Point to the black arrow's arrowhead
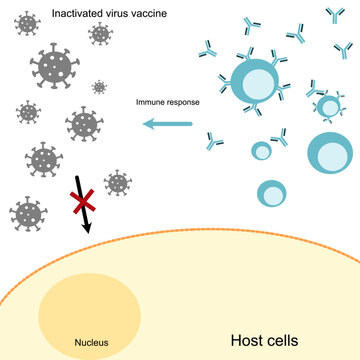pyautogui.click(x=87, y=228)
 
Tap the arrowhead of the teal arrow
pyautogui.click(x=146, y=124)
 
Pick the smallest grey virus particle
pyautogui.click(x=99, y=87)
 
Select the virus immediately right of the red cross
pyautogui.click(x=118, y=182)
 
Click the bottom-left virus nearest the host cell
pyautogui.click(x=28, y=212)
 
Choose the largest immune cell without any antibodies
pyautogui.click(x=330, y=152)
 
